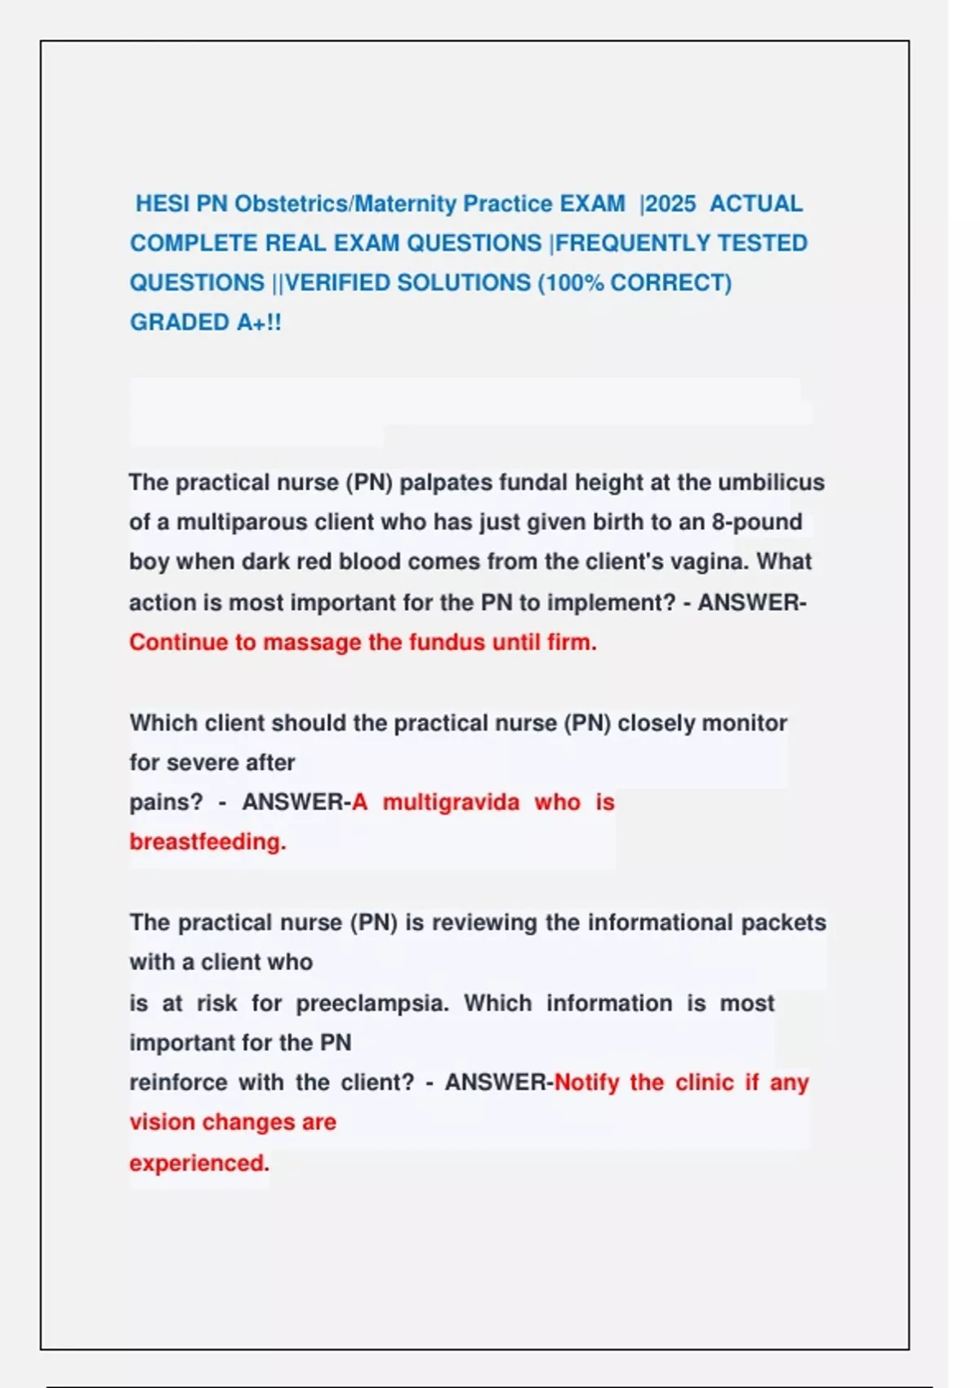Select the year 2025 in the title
click(670, 203)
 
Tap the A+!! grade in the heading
click(259, 323)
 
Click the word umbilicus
click(771, 483)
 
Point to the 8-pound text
click(756, 523)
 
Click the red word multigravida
click(451, 803)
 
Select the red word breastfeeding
click(207, 842)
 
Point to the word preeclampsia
click(372, 1003)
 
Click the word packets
click(783, 923)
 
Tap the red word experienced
click(199, 1163)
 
